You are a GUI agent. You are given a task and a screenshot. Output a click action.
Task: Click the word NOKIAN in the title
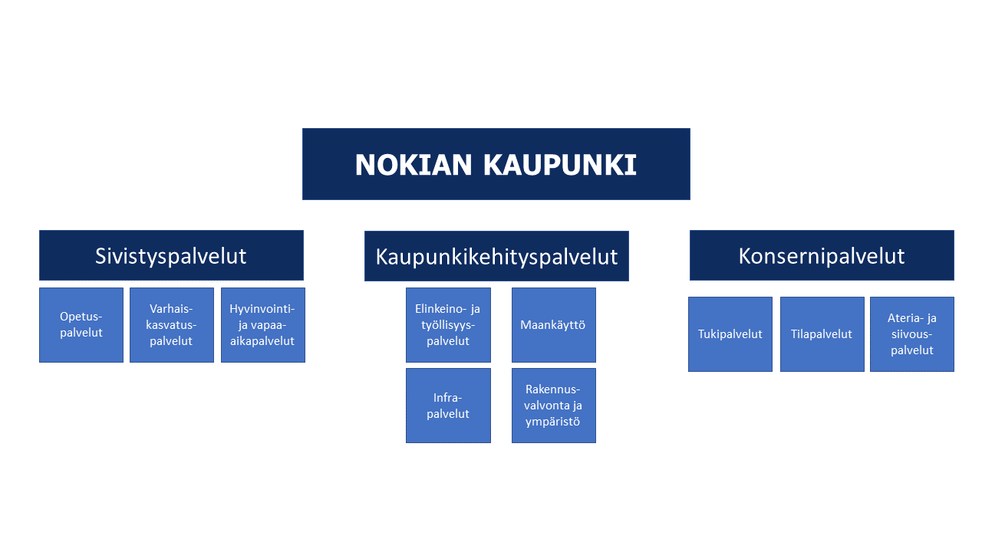tap(413, 165)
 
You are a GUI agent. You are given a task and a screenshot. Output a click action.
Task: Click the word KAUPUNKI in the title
tap(560, 165)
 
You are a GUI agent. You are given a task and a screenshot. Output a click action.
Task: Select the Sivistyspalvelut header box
tap(171, 255)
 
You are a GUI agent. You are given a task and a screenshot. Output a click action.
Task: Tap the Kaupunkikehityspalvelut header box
tap(496, 256)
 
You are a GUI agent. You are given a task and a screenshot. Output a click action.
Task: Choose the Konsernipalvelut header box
tap(822, 255)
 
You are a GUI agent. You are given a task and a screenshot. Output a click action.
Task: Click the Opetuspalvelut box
tap(81, 325)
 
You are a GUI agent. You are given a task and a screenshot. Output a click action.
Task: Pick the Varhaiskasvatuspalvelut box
tap(172, 325)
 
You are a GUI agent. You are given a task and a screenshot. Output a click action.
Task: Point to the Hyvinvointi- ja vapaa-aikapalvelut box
tap(263, 325)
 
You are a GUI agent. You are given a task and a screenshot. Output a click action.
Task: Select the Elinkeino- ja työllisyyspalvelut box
tap(449, 325)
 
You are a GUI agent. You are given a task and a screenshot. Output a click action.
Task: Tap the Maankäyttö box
tap(554, 325)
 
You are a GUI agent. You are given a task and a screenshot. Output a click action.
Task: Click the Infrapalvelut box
tap(449, 406)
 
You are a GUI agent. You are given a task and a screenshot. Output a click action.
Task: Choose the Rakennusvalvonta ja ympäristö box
tap(554, 406)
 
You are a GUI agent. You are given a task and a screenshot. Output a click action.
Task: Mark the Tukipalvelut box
tap(730, 334)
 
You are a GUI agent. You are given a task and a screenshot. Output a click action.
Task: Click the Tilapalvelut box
tap(822, 334)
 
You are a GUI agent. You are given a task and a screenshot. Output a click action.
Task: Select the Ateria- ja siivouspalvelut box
tap(912, 334)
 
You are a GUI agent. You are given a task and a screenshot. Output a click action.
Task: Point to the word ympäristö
tap(553, 422)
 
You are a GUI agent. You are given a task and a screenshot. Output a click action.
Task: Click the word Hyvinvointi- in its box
tap(262, 309)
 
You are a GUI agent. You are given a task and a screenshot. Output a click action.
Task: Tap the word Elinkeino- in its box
tap(442, 309)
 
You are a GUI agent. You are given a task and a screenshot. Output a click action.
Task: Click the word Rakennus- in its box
tap(553, 389)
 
